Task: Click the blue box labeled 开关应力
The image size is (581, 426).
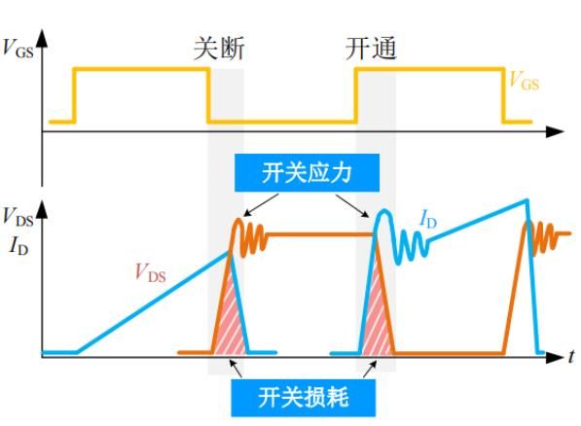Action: pyautogui.click(x=307, y=173)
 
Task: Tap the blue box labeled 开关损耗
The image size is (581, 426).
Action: pyautogui.click(x=304, y=398)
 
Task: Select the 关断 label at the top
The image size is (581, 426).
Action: pyautogui.click(x=219, y=49)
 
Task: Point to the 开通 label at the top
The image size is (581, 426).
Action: pyautogui.click(x=371, y=49)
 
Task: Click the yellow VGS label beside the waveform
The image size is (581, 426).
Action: pyautogui.click(x=524, y=81)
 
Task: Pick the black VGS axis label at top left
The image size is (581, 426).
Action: pyautogui.click(x=18, y=49)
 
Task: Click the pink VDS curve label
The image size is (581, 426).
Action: pyautogui.click(x=150, y=272)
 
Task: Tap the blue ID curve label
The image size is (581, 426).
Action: pyautogui.click(x=428, y=219)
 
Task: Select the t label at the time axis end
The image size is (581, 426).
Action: pyautogui.click(x=571, y=356)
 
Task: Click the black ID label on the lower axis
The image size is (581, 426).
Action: pyautogui.click(x=18, y=245)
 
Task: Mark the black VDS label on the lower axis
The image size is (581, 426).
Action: pyautogui.click(x=18, y=217)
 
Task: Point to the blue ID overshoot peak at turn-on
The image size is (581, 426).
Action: pyautogui.click(x=384, y=211)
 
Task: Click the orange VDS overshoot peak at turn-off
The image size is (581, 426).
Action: pyautogui.click(x=238, y=220)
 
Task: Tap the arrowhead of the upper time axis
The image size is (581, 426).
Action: pyautogui.click(x=556, y=131)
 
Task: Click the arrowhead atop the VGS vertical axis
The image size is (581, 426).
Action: pyautogui.click(x=42, y=38)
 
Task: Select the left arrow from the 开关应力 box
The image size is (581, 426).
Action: pyautogui.click(x=261, y=205)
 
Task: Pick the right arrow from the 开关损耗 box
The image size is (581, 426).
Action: pyautogui.click(x=370, y=370)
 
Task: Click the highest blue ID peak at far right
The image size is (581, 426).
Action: pyautogui.click(x=527, y=200)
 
